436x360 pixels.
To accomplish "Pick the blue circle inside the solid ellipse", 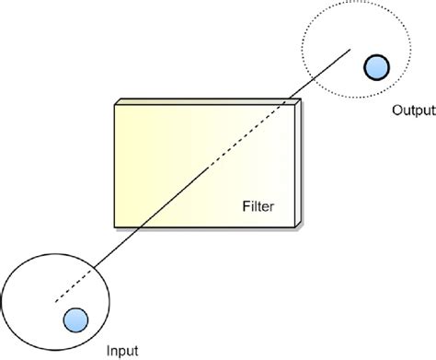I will point(74,319).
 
